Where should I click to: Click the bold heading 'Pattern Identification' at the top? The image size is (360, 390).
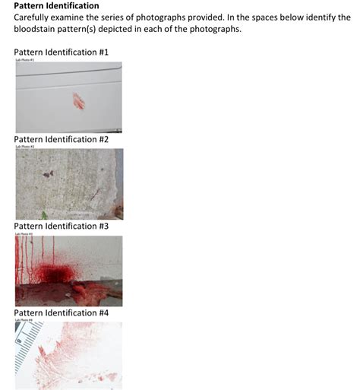coord(56,5)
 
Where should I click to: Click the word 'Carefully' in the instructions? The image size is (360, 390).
coord(32,17)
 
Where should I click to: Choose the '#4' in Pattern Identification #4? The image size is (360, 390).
coord(103,312)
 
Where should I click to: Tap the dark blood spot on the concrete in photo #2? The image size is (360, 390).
coord(47,174)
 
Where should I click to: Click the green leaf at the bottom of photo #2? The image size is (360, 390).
coord(44,215)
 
